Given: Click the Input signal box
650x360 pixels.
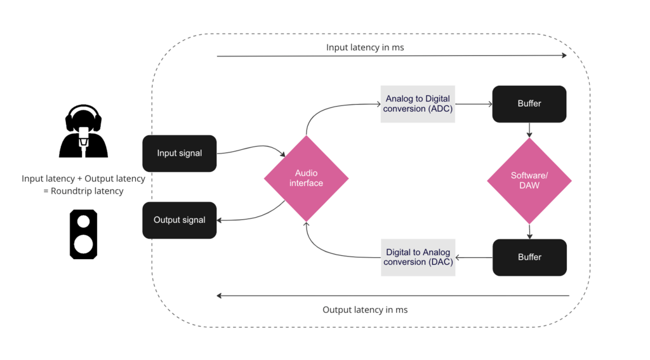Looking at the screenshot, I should [x=180, y=153].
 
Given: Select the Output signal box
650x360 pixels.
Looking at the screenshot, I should [x=180, y=220].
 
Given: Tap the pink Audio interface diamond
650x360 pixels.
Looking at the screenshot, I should [x=306, y=178].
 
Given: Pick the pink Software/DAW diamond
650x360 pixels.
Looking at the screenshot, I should [x=529, y=181].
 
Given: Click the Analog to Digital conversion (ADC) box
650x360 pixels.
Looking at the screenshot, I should [x=418, y=104].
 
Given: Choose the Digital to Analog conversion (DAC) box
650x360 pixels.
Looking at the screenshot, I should [x=418, y=257].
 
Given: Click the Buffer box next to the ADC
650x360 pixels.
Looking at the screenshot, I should [x=529, y=103].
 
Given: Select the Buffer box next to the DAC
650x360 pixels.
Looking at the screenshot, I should [x=529, y=257].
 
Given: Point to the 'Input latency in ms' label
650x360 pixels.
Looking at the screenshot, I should [x=365, y=48].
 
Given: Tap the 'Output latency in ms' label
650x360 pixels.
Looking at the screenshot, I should [x=365, y=310].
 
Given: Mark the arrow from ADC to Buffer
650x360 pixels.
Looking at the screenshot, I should [x=474, y=103].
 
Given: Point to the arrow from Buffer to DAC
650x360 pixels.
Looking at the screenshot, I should [x=474, y=257].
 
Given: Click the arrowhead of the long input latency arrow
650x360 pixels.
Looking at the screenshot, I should [x=564, y=56].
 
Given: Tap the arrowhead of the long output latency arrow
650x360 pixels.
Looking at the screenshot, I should [x=220, y=296].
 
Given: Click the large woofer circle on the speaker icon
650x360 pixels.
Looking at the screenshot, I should [x=83, y=244].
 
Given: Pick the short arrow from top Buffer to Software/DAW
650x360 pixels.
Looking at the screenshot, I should [x=529, y=130].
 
